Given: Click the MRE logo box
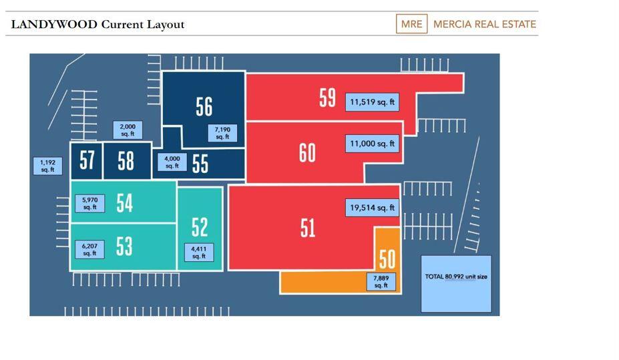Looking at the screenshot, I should pos(411,24).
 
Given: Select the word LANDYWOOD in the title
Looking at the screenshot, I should pos(54,25).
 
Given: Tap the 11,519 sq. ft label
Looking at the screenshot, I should pos(372,102).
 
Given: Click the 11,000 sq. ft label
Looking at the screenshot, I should pos(372,144).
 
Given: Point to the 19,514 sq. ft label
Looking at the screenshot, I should pos(372,208).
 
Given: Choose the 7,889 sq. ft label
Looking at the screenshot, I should pos(381,282).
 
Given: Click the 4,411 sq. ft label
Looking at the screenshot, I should pos(199,252).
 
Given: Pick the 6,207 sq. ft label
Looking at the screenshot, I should pos(89,250).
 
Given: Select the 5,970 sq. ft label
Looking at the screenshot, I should pos(89,204).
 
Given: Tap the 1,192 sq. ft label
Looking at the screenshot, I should pos(47,166).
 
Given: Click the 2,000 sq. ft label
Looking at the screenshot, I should pos(128,130).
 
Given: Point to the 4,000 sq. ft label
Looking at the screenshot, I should pos(172,162).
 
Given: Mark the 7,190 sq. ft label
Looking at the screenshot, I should pos(222,133).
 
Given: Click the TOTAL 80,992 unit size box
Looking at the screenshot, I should pos(456,283).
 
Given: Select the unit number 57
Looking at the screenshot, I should pos(87,161).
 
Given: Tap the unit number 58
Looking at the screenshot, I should pos(126,161).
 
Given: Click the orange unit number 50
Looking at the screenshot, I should pos(387,259).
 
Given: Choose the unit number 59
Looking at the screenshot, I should pos(327,98).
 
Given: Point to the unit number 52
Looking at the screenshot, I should pos(200,228).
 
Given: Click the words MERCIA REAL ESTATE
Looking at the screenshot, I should pos(484,25).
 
